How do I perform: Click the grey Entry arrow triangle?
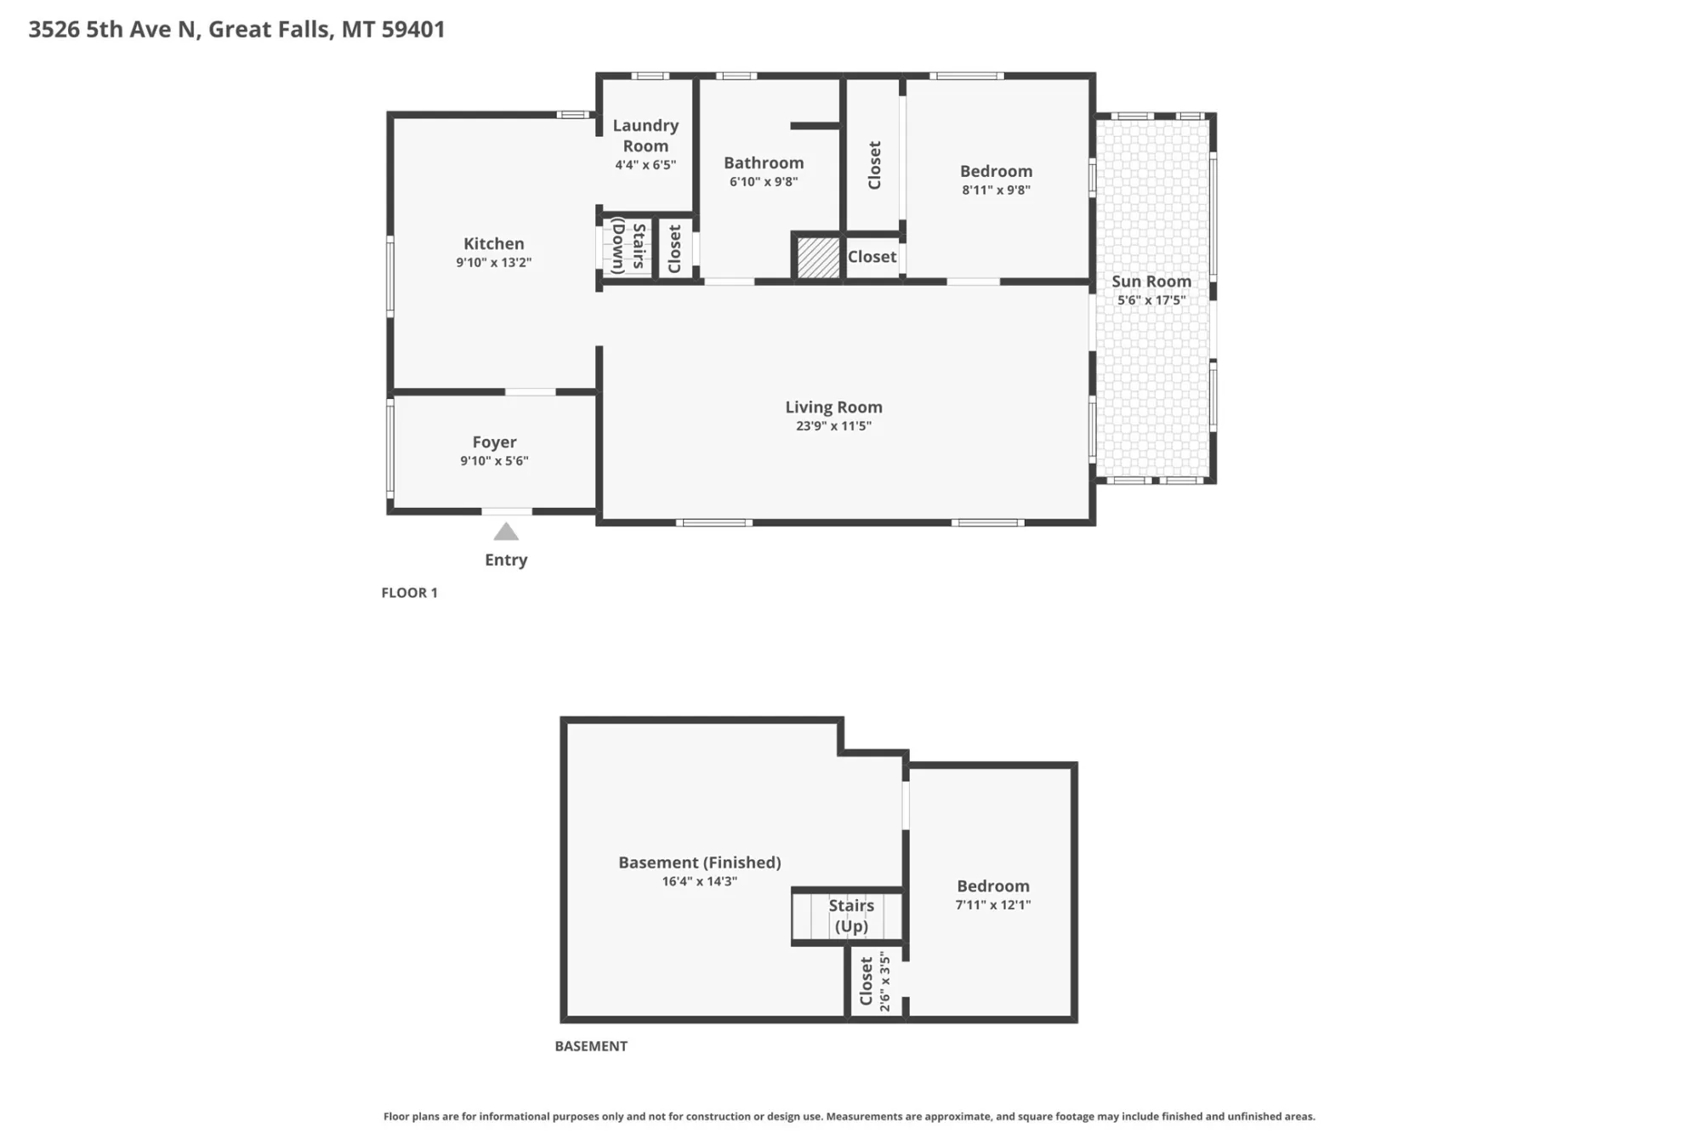click(506, 532)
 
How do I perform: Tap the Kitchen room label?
click(493, 243)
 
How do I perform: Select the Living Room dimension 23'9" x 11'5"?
click(833, 426)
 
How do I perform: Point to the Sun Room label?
click(1151, 282)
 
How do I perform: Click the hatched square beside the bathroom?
click(818, 257)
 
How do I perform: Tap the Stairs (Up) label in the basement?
click(851, 916)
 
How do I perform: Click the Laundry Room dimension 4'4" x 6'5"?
click(645, 165)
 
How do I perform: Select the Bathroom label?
click(764, 162)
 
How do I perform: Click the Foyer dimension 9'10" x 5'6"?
click(494, 461)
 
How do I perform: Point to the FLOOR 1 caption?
click(409, 593)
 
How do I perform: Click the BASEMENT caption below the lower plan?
click(591, 1046)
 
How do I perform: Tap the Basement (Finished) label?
click(699, 863)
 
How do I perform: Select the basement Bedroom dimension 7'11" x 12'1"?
click(992, 905)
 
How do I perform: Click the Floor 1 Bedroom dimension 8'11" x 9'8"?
click(996, 191)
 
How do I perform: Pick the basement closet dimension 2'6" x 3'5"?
click(884, 981)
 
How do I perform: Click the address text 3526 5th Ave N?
click(112, 30)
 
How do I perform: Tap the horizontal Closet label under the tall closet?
click(872, 257)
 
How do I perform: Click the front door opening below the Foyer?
click(507, 511)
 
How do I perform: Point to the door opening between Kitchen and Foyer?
click(531, 392)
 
